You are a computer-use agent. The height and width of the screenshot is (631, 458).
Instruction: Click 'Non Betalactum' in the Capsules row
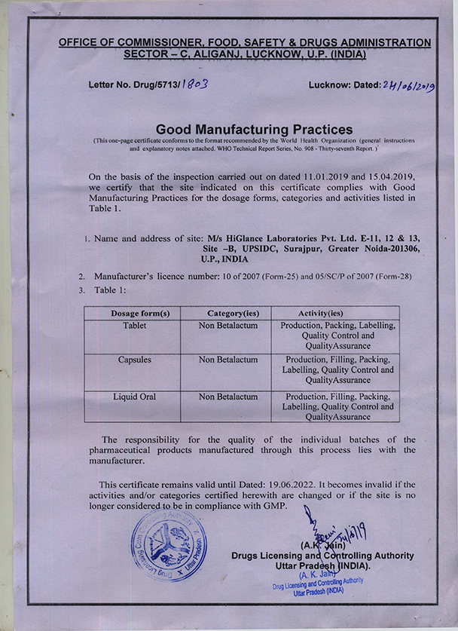[228, 360]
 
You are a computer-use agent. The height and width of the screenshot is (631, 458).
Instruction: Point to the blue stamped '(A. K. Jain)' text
[322, 573]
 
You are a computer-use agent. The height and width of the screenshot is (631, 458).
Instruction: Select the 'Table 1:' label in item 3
[111, 289]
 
